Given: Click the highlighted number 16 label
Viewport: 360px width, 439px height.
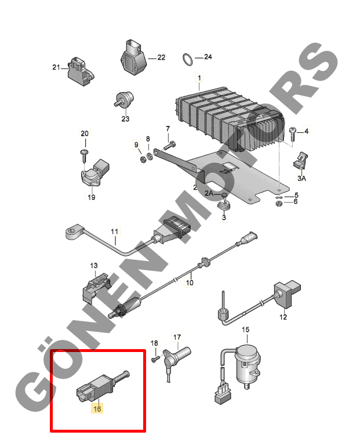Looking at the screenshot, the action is point(97,408).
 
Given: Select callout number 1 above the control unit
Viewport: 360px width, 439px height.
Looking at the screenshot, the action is point(199,78).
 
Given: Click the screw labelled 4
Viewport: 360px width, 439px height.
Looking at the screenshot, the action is point(293,135).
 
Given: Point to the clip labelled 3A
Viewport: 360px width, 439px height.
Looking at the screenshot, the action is point(300,161).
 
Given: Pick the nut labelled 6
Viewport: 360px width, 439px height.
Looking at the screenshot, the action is point(279,204).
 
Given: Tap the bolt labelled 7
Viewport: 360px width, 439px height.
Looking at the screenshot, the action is point(169,146).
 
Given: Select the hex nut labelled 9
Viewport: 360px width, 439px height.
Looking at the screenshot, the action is point(143,160).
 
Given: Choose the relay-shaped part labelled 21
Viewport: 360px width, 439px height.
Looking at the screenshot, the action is point(81,71).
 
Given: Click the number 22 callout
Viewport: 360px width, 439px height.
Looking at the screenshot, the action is point(161,57).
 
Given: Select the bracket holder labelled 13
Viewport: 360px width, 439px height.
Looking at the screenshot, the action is point(95,288).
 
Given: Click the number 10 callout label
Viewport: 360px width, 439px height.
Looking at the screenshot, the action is point(190,282).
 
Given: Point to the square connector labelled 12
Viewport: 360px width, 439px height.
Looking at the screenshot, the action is point(287,295).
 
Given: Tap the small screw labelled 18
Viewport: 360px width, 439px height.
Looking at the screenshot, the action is point(155,358).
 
